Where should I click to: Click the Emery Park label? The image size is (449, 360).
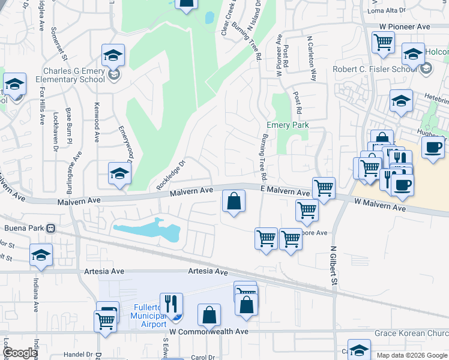tap(286, 125)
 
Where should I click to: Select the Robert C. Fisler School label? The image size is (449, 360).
tap(375, 69)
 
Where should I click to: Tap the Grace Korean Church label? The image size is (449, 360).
tap(412, 332)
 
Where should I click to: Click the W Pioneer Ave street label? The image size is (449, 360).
tap(405, 27)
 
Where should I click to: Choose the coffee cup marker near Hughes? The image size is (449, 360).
tap(433, 148)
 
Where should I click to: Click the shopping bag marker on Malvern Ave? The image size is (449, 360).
tap(234, 202)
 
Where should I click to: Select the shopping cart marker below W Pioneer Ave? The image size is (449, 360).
tap(383, 42)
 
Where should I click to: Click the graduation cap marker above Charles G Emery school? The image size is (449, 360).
tap(113, 56)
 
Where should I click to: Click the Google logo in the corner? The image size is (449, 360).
tap(20, 353)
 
